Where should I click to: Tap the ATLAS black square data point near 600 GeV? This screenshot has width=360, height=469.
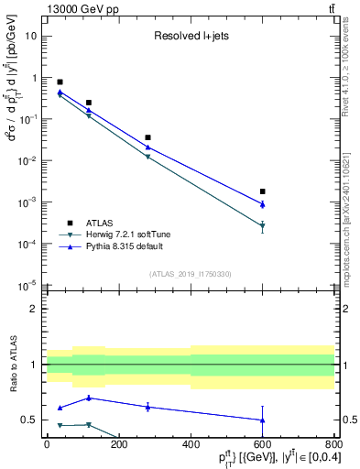point(263,191)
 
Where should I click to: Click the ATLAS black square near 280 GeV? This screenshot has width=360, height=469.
point(147,137)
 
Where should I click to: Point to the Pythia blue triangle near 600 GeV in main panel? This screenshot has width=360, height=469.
point(263,204)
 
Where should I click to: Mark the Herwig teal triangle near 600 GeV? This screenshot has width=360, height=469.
point(263,225)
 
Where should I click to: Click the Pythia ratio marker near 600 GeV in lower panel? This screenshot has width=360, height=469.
point(263,420)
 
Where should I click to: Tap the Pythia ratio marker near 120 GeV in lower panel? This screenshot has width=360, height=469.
point(89,398)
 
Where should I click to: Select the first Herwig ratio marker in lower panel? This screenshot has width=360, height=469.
point(60,425)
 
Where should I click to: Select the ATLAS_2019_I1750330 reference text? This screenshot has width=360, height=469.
point(191,274)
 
